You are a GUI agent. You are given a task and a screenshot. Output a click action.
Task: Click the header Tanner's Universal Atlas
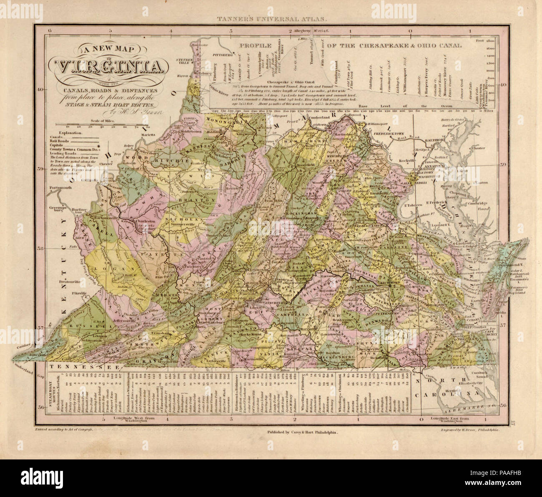click(x=270, y=19)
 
